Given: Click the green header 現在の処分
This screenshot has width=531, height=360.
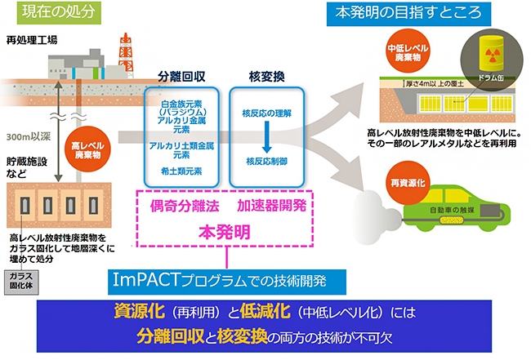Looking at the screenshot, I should pos(56,12).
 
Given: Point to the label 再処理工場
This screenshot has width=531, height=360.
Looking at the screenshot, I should pos(32,39).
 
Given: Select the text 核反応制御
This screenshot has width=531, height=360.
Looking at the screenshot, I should pos(265,162).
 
